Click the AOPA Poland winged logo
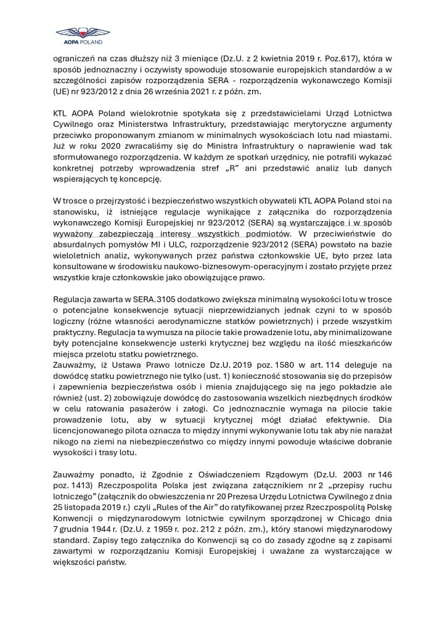click(x=79, y=35)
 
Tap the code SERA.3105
click(x=152, y=299)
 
